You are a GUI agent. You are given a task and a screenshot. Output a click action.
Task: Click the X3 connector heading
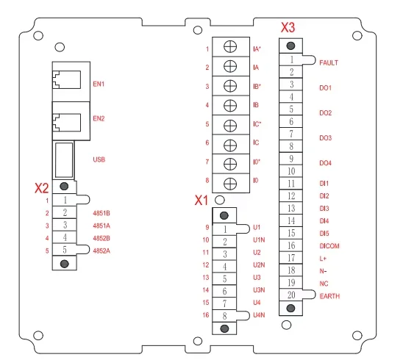[288, 27]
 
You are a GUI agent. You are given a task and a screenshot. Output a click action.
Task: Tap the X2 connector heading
[42, 188]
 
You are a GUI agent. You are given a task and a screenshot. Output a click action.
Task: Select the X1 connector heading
[201, 200]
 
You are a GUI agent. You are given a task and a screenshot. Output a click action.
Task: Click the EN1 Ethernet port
[67, 80]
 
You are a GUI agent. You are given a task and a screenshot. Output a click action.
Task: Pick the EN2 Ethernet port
[67, 123]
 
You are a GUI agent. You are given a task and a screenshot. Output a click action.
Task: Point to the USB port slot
[64, 160]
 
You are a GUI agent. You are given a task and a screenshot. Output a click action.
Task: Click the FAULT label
[329, 62]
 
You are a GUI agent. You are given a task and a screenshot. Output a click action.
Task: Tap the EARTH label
[329, 296]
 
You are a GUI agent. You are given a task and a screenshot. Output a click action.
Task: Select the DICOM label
[329, 246]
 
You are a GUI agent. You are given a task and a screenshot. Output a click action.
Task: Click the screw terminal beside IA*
[230, 47]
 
